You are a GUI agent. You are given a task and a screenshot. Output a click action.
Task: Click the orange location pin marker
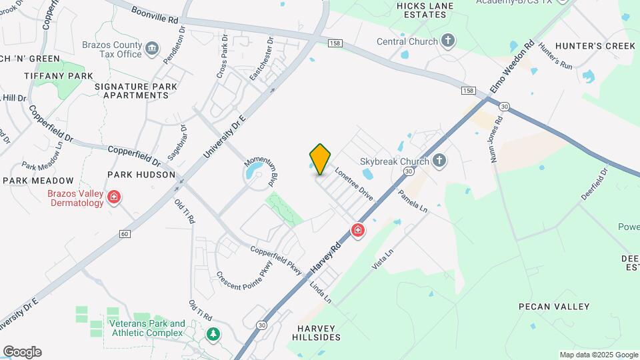pos(321,159)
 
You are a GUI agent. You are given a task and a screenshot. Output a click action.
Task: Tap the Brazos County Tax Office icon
pos(152,48)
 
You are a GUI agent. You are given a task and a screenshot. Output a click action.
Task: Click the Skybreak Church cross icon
pos(439,160)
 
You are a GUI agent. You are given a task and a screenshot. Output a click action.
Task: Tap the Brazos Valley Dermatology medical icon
pos(115,197)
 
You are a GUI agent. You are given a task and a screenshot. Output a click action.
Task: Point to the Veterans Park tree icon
pos(213,333)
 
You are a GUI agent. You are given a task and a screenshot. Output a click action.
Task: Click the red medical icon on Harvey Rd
pos(358,231)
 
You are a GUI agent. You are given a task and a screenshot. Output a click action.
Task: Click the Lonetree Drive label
pos(353,183)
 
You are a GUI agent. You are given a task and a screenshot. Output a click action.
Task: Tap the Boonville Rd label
pos(155,15)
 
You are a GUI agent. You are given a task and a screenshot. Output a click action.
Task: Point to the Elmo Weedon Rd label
pos(513,67)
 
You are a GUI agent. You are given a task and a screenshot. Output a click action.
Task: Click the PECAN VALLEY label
pos(554,307)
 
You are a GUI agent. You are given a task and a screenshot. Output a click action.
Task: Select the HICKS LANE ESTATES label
pos(425,11)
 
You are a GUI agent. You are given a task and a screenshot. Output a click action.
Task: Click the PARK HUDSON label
pos(141,175)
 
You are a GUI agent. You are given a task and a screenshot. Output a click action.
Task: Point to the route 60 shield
pos(125,233)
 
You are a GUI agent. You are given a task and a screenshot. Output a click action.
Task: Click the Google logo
pos(22,352)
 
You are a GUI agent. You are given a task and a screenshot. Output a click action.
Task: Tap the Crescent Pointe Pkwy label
pos(243,271)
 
